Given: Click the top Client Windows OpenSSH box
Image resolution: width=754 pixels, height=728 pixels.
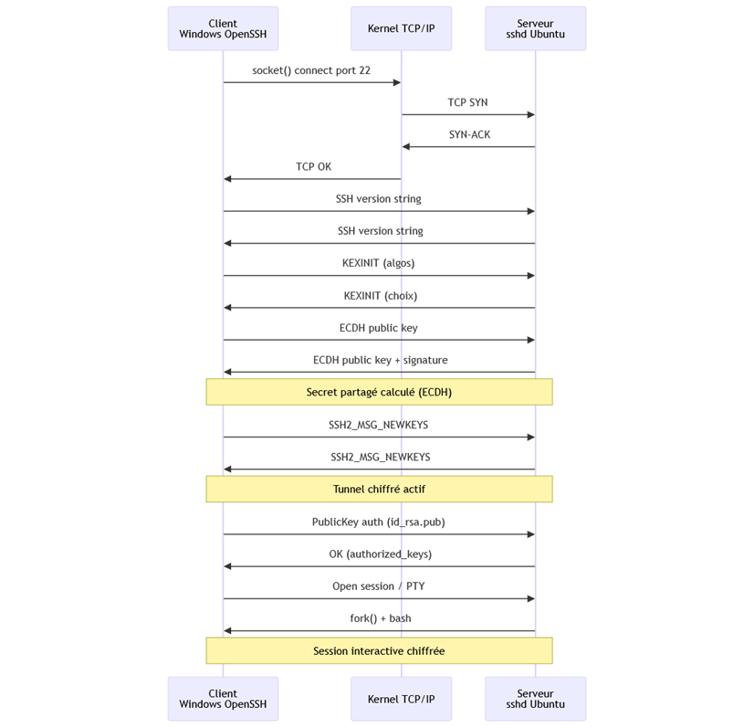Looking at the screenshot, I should tap(223, 28).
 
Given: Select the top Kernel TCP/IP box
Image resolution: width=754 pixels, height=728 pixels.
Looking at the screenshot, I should tap(401, 28).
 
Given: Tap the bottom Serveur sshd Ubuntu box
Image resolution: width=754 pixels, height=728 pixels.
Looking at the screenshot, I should tap(535, 699).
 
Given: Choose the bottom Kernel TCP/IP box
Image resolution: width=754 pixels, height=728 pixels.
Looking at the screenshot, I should tap(401, 699).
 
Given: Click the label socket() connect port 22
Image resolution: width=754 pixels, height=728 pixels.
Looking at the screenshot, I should tap(311, 70).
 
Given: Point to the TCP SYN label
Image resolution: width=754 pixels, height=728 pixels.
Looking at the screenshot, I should tap(467, 102).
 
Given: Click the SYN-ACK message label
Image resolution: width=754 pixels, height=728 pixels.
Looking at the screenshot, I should tap(469, 134).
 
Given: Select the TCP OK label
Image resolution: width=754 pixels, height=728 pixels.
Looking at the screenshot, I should tap(313, 167).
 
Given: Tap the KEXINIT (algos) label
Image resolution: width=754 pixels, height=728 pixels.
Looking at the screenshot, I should tap(378, 263).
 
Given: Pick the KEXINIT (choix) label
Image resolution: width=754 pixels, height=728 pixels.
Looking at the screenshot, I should tap(380, 296).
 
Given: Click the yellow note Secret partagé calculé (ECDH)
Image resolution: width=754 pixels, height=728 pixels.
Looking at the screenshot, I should tap(379, 392).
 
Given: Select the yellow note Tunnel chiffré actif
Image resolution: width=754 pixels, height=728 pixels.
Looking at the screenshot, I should tap(379, 490).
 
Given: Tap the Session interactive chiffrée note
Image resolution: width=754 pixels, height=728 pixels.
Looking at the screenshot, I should tap(379, 651).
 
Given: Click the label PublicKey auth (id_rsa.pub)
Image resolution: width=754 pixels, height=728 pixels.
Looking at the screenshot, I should tap(378, 522).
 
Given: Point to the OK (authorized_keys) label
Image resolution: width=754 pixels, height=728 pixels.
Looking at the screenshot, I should tap(380, 554).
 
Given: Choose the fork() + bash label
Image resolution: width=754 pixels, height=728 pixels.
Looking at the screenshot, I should tap(380, 618).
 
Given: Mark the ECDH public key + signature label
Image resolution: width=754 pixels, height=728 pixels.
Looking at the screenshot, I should tap(380, 360).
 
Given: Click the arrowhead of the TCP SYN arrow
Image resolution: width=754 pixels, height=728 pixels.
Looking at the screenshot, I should tap(529, 115).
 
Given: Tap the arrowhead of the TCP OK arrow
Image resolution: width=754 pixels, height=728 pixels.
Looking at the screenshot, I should tap(228, 179).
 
